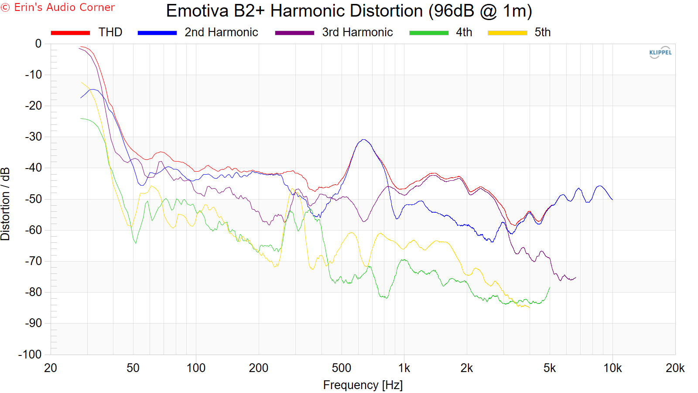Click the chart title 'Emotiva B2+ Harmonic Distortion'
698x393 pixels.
point(349,11)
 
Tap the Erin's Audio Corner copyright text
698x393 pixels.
point(58,7)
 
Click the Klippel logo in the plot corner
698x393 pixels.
point(660,52)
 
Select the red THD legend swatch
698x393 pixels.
point(70,33)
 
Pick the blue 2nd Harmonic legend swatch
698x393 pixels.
point(157,33)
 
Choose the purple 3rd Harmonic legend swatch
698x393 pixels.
point(294,33)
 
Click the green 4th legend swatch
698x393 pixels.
point(429,33)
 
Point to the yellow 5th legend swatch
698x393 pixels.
point(507,33)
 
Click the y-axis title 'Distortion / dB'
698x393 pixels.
point(5,203)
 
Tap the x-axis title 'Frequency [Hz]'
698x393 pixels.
point(363,385)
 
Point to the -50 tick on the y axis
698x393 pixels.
point(33,199)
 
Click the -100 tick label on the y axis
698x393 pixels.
point(30,355)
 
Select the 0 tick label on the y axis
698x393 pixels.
point(38,44)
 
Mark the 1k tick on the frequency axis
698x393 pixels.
point(404,368)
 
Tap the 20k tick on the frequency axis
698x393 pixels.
point(675,368)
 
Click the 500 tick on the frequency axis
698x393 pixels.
point(341,368)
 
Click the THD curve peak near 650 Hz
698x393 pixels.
point(363,140)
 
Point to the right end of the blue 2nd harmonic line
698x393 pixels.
point(612,200)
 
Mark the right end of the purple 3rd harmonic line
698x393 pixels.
point(576,278)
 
